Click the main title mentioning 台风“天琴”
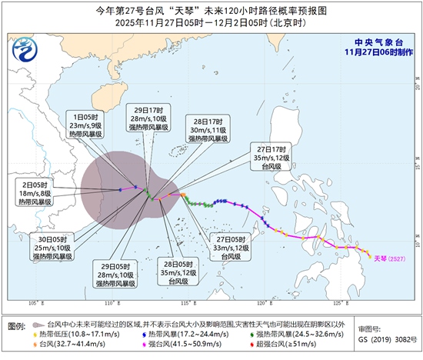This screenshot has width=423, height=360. (x=211, y=11)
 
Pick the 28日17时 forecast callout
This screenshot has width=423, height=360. (x=207, y=128)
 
